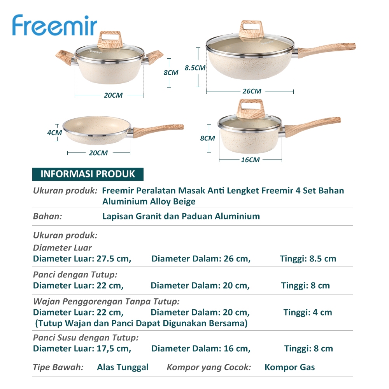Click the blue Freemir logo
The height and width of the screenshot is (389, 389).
point(54,25)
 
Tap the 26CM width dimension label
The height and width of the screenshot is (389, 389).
point(252,91)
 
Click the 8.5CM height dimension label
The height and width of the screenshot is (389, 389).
point(195,68)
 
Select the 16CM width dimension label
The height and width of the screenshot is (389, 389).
point(250,160)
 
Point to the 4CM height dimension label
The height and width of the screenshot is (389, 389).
point(54,133)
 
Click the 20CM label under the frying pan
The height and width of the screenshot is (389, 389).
point(98,153)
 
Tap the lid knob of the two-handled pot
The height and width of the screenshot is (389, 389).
point(110,40)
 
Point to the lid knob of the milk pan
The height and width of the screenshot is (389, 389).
point(251,109)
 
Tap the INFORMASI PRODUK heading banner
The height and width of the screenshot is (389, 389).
point(88,174)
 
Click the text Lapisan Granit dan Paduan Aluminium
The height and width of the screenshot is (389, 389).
point(181,216)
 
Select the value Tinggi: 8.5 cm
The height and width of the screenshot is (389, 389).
point(308,259)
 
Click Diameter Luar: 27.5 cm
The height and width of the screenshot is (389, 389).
point(82,259)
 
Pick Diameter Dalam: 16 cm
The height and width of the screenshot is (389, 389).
point(201,349)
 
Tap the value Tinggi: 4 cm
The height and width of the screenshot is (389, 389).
point(308,312)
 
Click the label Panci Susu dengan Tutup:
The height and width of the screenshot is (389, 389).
point(86,338)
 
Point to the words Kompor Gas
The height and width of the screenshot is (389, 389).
point(290,367)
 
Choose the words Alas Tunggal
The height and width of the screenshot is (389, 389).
point(123,368)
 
